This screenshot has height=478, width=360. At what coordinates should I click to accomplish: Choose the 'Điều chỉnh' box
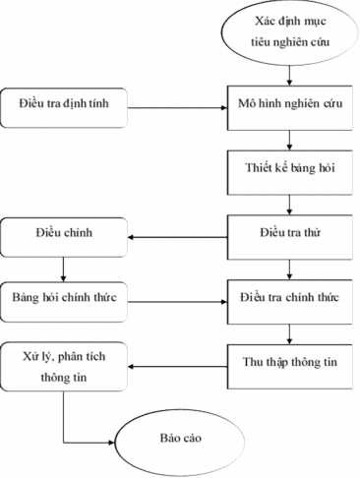(x=63, y=235)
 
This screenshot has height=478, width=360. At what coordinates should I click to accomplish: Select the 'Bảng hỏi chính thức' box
(x=63, y=295)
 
